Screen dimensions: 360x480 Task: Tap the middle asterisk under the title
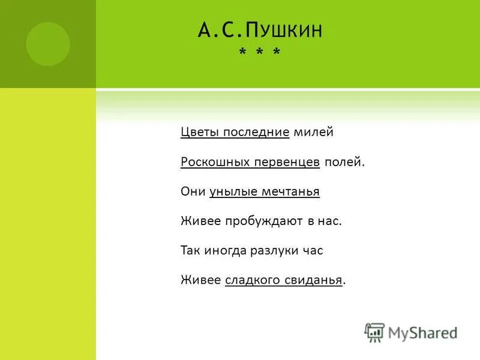(259, 54)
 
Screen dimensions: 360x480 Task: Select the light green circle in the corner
(48, 43)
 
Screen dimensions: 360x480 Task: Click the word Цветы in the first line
(200, 132)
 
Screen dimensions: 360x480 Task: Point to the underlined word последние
(256, 132)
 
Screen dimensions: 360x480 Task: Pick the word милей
(313, 132)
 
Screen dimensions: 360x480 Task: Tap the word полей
(344, 162)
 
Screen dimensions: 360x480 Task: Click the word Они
(193, 191)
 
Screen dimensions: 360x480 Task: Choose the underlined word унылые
(233, 191)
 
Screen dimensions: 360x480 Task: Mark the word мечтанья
(290, 191)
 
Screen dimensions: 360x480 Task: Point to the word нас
(331, 221)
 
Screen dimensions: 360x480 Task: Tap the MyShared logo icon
(374, 332)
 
